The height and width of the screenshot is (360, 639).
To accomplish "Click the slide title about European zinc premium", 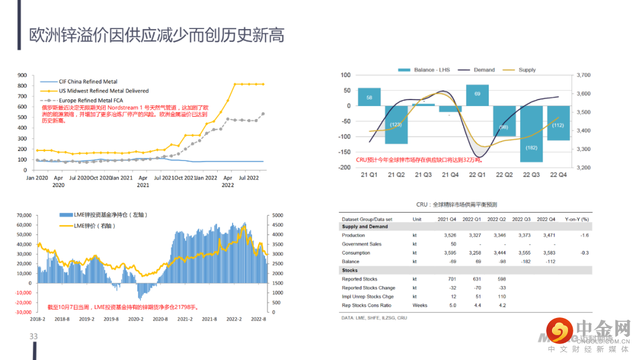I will [x=157, y=35].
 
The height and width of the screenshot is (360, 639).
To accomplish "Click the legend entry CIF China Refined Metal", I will [x=88, y=81].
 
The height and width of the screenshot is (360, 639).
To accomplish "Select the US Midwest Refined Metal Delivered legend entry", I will [x=104, y=91].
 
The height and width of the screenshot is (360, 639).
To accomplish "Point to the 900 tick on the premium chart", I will [x=22, y=75].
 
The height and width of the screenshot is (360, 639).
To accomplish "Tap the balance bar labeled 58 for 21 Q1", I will [x=369, y=97].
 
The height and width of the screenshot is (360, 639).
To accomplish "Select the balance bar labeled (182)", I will [x=531, y=134].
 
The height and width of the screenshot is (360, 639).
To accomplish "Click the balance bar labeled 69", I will [x=477, y=95].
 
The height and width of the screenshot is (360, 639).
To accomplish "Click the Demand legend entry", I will [x=484, y=70].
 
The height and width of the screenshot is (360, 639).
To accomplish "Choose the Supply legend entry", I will [x=527, y=70].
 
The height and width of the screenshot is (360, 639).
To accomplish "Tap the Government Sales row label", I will [x=362, y=244].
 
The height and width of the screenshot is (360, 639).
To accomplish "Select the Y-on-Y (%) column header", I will [x=577, y=218].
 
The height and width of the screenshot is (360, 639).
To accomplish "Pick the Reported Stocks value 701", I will [x=452, y=279].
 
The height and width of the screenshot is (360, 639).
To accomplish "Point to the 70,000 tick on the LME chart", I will [x=23, y=216].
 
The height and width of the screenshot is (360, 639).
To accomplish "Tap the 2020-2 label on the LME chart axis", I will [x=136, y=319].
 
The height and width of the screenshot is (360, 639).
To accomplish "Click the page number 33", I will [x=34, y=336].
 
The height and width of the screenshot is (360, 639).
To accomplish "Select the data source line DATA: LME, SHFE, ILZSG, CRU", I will [x=374, y=318].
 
